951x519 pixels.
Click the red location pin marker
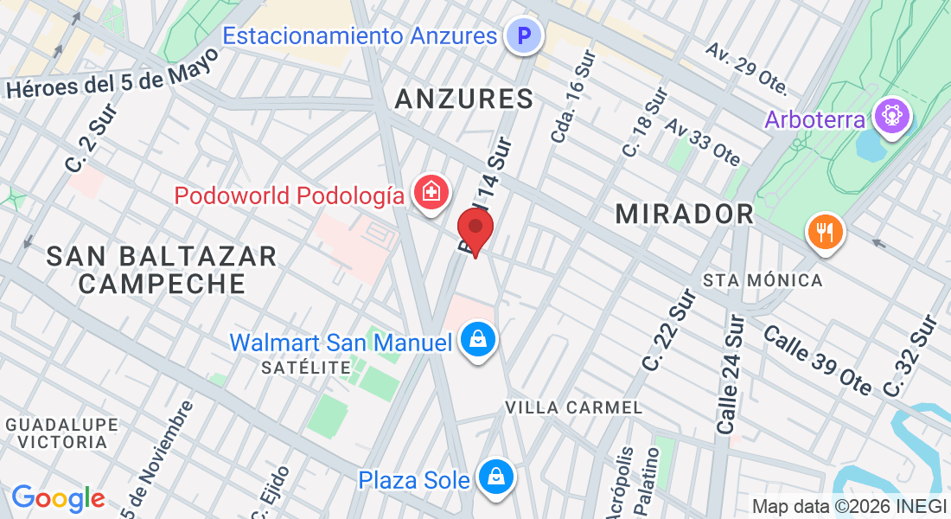[475, 230]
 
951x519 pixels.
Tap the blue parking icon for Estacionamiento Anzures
[523, 36]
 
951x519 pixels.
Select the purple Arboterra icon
[891, 117]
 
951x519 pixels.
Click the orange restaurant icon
[825, 232]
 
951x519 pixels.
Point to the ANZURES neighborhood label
[464, 99]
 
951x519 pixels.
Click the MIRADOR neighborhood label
[685, 214]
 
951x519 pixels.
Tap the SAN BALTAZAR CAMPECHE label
[162, 269]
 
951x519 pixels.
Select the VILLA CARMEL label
[574, 407]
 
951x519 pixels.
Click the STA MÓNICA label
[763, 280]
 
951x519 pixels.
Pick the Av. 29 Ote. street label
[746, 67]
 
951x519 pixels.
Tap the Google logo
[58, 498]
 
